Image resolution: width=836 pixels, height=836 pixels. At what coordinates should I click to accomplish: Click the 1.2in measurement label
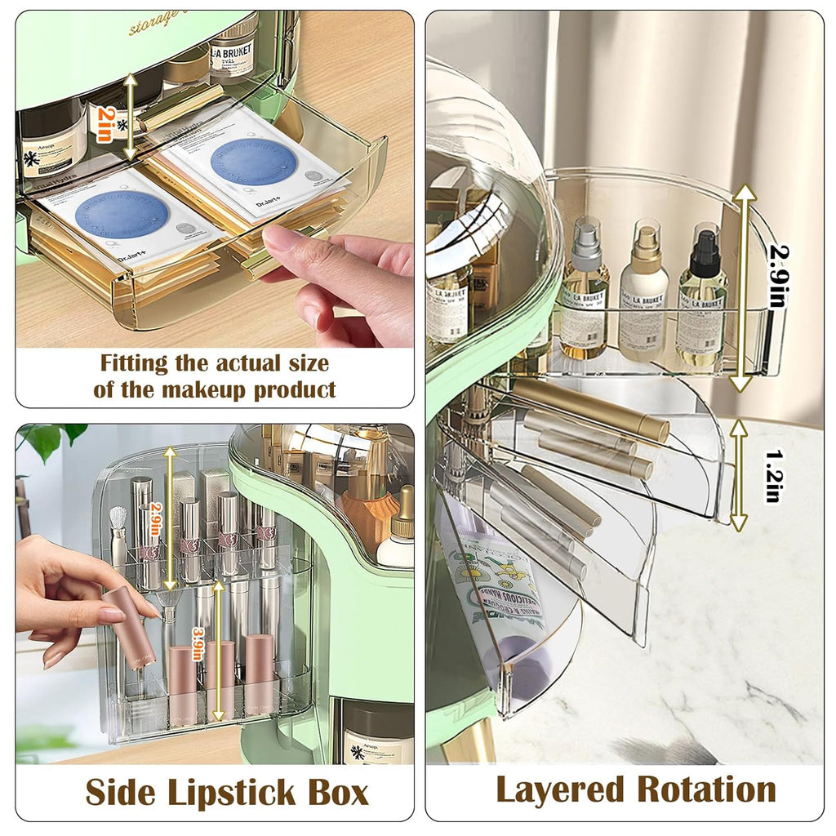[x=772, y=475]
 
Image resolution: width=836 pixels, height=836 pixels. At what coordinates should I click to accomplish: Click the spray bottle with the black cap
[x=703, y=297]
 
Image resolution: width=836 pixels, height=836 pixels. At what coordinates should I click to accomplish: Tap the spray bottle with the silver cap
[x=585, y=290]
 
